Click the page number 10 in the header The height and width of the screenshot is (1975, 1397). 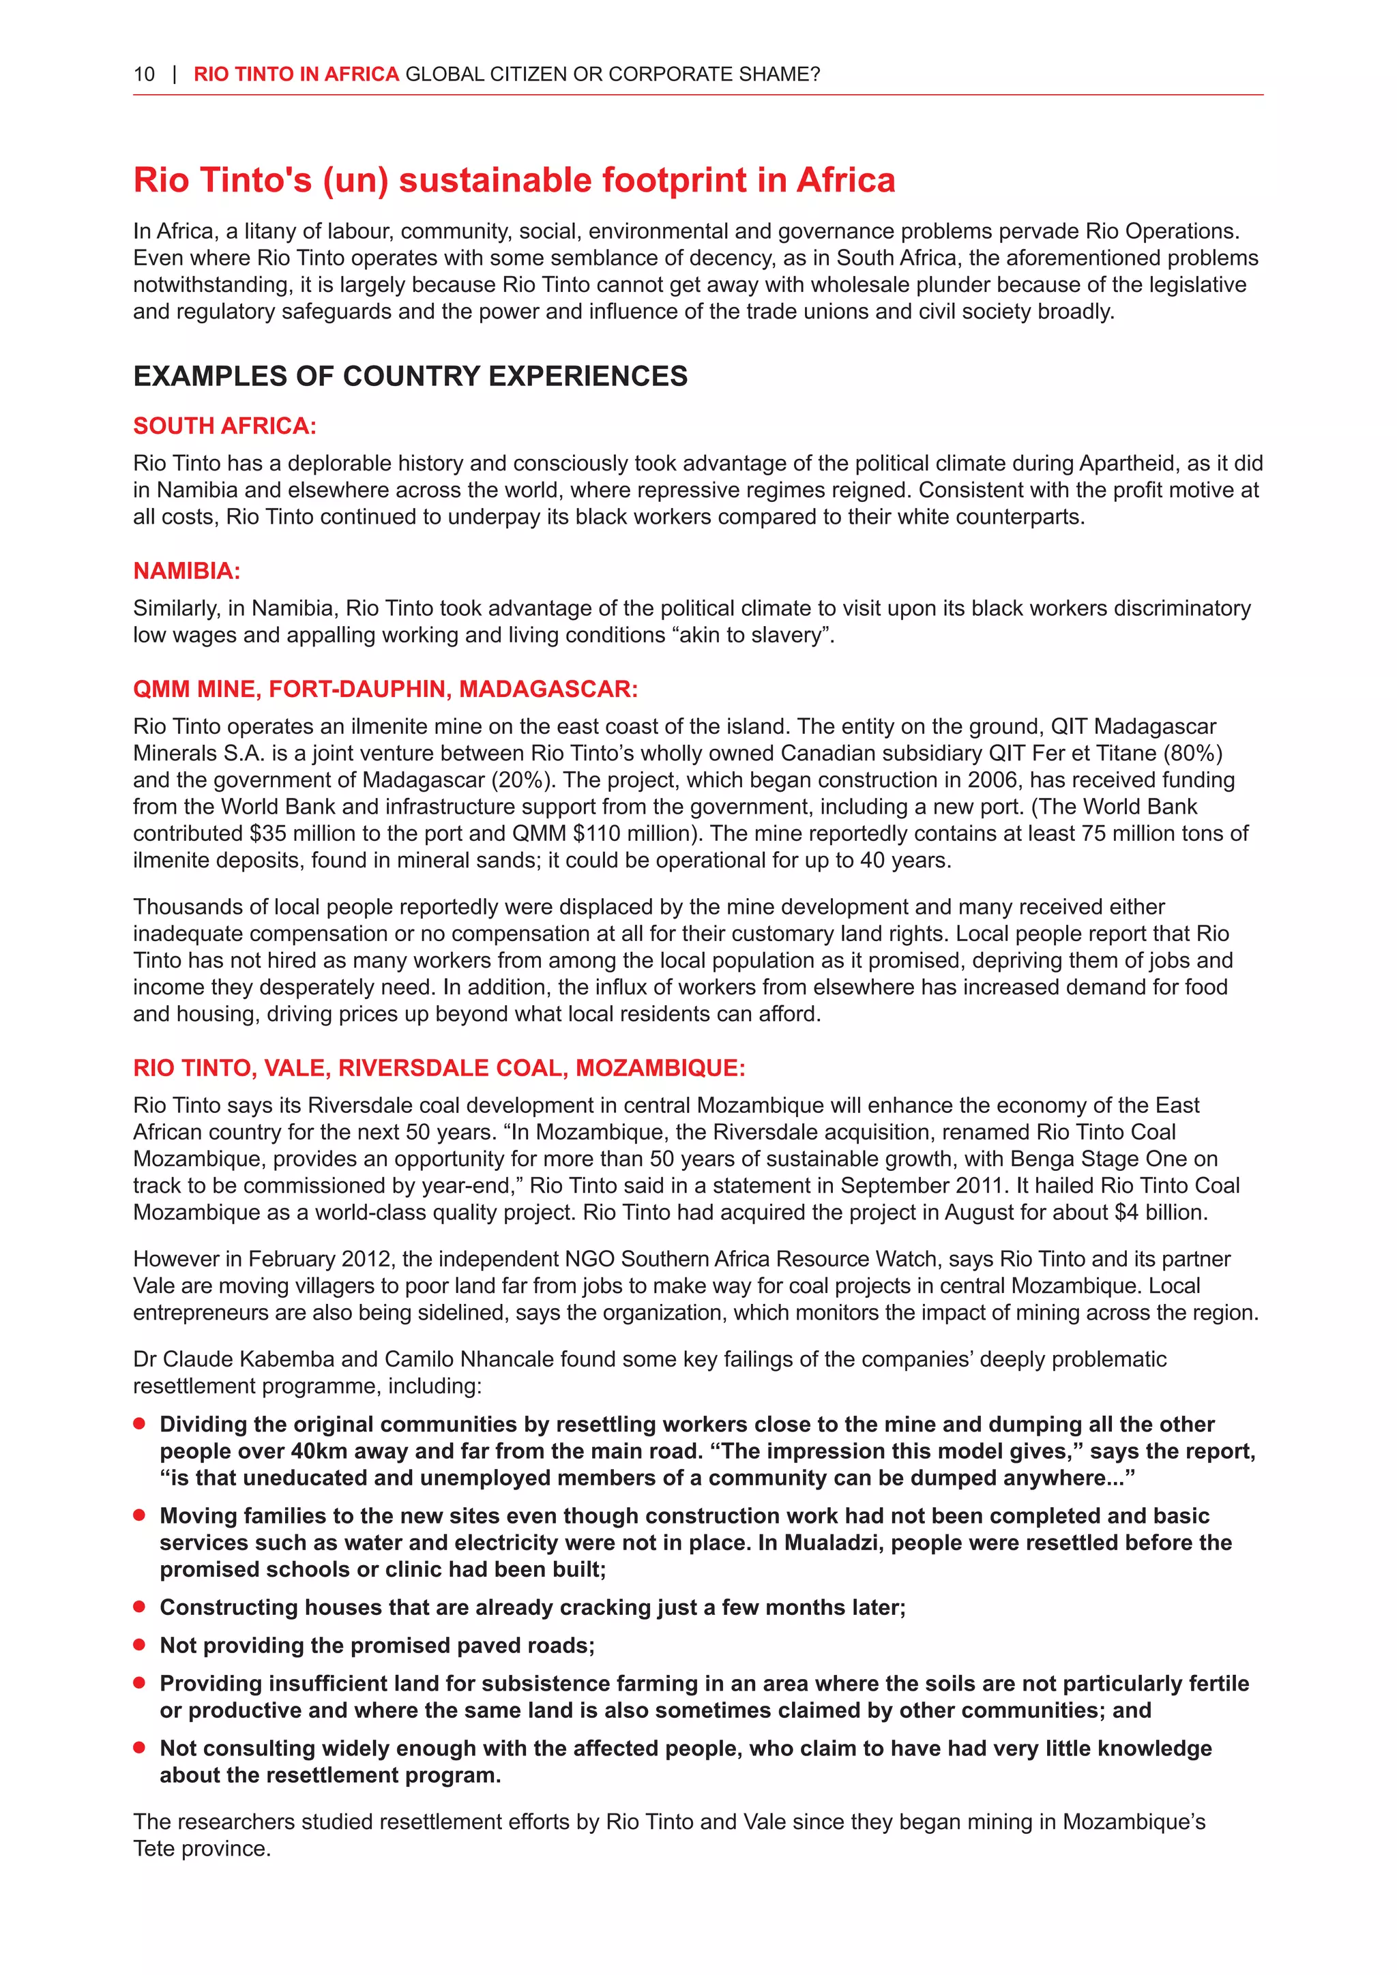click(x=144, y=75)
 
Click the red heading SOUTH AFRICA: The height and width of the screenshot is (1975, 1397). click(x=224, y=426)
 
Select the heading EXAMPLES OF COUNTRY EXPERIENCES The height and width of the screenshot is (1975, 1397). click(x=411, y=376)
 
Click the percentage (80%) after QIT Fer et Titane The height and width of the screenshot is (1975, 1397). click(x=1192, y=754)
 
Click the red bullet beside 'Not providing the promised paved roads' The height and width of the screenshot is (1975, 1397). click(x=139, y=1645)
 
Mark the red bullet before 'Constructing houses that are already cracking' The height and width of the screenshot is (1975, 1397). click(x=139, y=1607)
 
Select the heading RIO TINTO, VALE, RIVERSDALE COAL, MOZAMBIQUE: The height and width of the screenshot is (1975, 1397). click(x=439, y=1069)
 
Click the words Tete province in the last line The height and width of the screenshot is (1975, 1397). click(x=201, y=1849)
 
